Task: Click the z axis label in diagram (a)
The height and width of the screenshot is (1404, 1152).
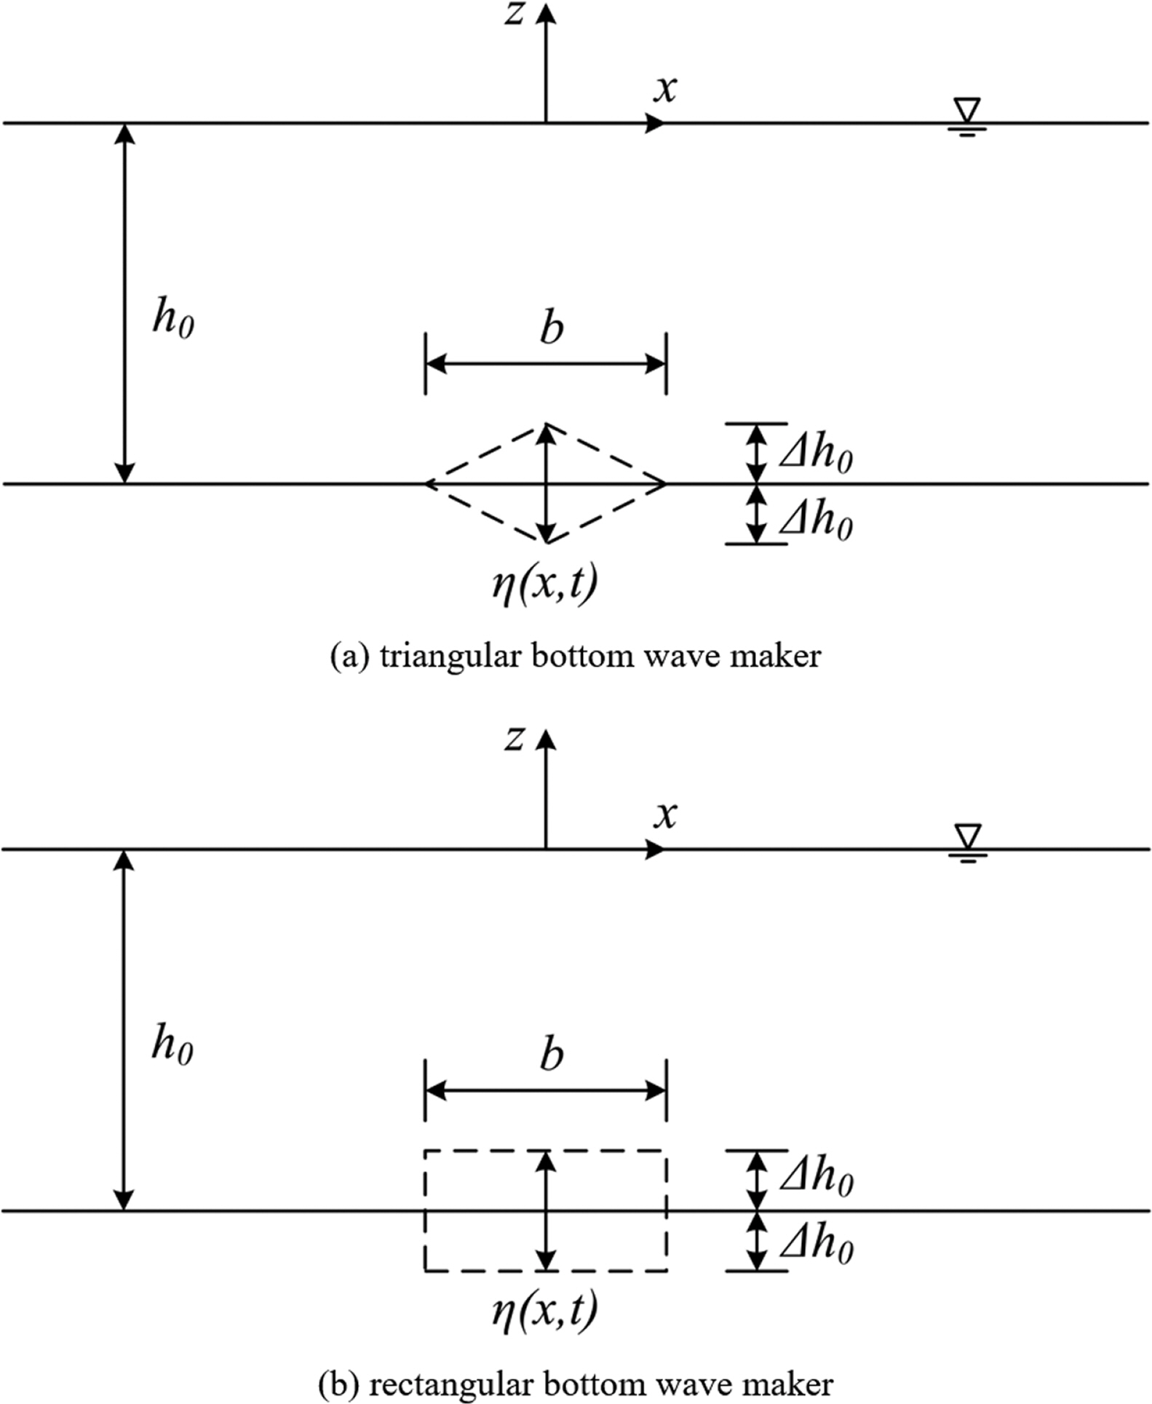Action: click(x=515, y=14)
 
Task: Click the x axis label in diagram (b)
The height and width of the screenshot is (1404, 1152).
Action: click(x=665, y=815)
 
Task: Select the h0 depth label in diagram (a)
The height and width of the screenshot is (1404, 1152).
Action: click(x=173, y=319)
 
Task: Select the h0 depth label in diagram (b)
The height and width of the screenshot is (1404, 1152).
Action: click(x=173, y=1046)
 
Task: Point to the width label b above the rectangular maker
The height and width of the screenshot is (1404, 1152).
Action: click(x=552, y=1055)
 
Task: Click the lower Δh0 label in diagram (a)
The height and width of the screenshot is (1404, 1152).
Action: click(x=816, y=523)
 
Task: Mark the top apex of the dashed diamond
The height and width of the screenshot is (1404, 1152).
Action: click(x=546, y=424)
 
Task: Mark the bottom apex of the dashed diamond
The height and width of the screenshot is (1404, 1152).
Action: click(x=546, y=543)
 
